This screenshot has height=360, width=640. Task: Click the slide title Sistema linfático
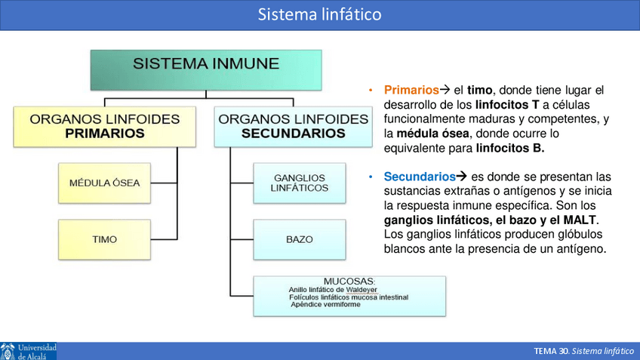[319, 14]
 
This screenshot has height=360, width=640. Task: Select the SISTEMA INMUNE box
[206, 70]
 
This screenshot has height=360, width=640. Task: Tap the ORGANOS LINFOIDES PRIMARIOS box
[104, 126]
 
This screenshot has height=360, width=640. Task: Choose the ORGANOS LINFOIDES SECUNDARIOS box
[293, 126]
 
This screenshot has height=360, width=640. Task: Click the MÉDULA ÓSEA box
[104, 183]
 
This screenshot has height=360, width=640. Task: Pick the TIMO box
[104, 239]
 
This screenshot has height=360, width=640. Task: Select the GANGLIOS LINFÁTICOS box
[300, 183]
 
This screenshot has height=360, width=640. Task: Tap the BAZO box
[300, 239]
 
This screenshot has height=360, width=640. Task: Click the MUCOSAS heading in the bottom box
[349, 281]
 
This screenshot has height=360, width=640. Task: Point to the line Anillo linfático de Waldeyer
[338, 289]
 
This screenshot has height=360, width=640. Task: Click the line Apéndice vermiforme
[329, 305]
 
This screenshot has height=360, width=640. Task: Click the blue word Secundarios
[420, 177]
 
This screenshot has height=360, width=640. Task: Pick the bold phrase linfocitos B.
[510, 148]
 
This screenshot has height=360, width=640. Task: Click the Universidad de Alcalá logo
[28, 351]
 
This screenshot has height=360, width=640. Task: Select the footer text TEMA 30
[551, 352]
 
